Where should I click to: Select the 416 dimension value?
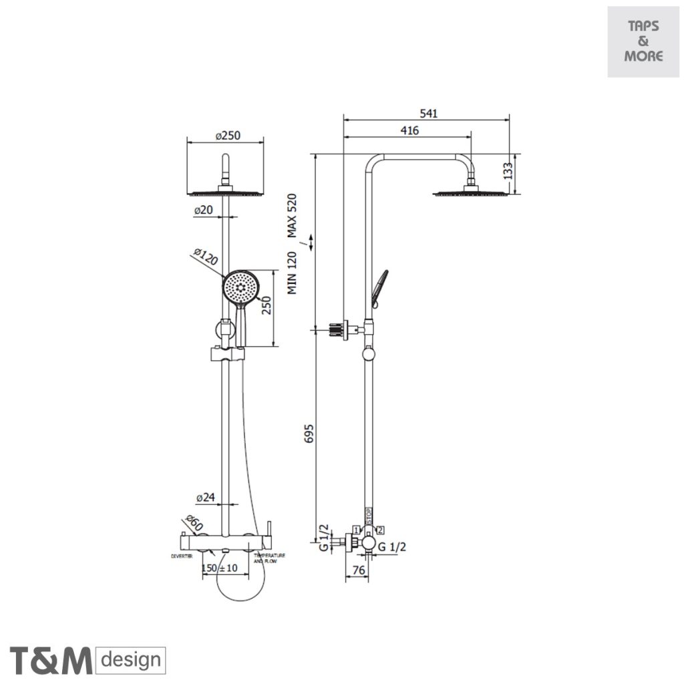point(410,131)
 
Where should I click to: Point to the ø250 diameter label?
point(228,136)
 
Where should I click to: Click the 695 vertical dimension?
point(308,434)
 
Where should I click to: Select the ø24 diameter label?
point(206,498)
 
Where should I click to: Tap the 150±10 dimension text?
point(220,568)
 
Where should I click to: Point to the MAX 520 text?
point(292,215)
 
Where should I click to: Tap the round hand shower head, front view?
point(240,287)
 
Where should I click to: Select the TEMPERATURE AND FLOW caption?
point(270,558)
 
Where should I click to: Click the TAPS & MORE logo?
point(643,41)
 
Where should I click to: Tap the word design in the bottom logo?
point(131,660)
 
